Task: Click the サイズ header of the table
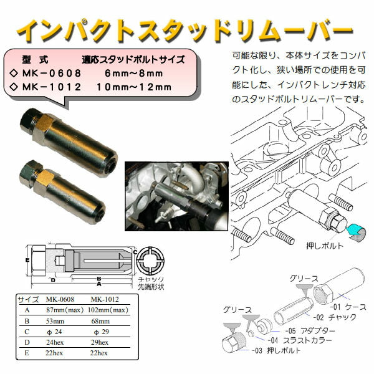tap(27, 297)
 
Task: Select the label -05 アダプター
tap(311, 330)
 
